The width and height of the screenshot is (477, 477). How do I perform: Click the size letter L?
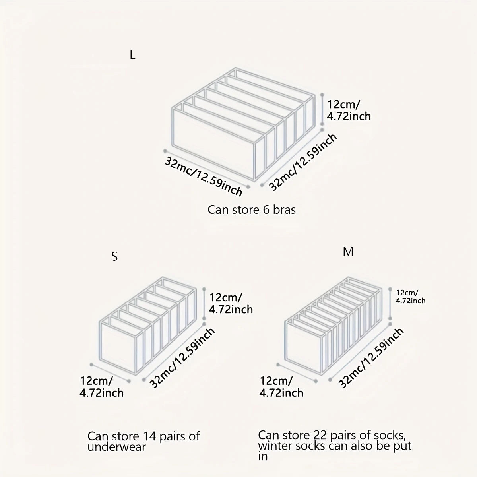coord(133,56)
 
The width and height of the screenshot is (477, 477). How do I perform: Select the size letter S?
coord(114,257)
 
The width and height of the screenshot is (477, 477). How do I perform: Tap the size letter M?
coord(348,252)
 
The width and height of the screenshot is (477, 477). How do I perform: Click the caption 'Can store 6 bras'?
coord(252,210)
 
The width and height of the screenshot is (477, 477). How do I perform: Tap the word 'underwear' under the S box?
coord(116,447)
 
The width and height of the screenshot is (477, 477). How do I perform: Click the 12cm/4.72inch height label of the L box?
coord(349,111)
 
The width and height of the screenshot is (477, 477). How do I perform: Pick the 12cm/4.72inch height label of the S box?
coord(231,304)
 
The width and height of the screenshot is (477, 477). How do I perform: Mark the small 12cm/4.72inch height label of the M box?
coord(411,297)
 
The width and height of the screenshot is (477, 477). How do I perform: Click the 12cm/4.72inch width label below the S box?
coord(102,387)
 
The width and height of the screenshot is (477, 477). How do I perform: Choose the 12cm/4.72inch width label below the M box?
coord(281,387)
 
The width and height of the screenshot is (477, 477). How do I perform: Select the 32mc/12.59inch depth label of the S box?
coord(183,358)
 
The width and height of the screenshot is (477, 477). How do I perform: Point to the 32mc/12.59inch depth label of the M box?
coord(371,358)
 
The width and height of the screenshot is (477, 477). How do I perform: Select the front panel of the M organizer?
coord(304,343)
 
